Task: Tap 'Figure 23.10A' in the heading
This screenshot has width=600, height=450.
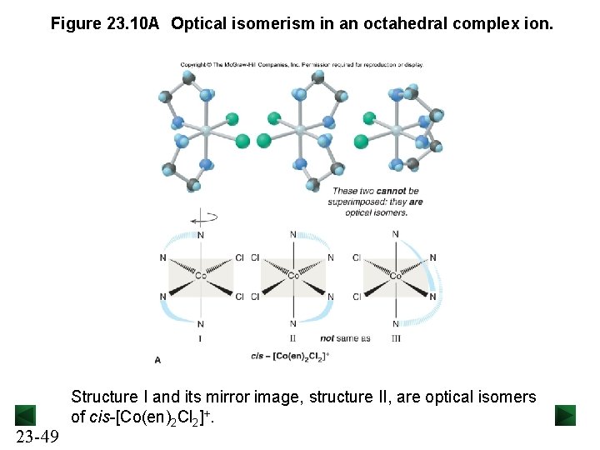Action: pos(104,24)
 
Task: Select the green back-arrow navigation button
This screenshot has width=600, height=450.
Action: pos(26,415)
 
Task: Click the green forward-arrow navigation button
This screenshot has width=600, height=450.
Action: pos(566,415)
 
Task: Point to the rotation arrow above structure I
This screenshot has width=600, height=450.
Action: pos(202,219)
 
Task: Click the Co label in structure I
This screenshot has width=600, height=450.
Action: pos(201,277)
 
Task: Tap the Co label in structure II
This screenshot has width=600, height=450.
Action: pos(293,277)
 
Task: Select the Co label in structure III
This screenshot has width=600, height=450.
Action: pos(397,277)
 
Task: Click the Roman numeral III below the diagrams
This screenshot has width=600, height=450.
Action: pos(396,338)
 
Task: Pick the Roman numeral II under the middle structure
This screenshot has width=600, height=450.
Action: pos(292,338)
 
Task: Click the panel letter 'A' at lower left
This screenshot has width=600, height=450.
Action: pos(158,360)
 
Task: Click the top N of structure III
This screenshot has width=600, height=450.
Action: pos(395,234)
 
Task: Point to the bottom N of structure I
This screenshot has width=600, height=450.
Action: pos(201,324)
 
